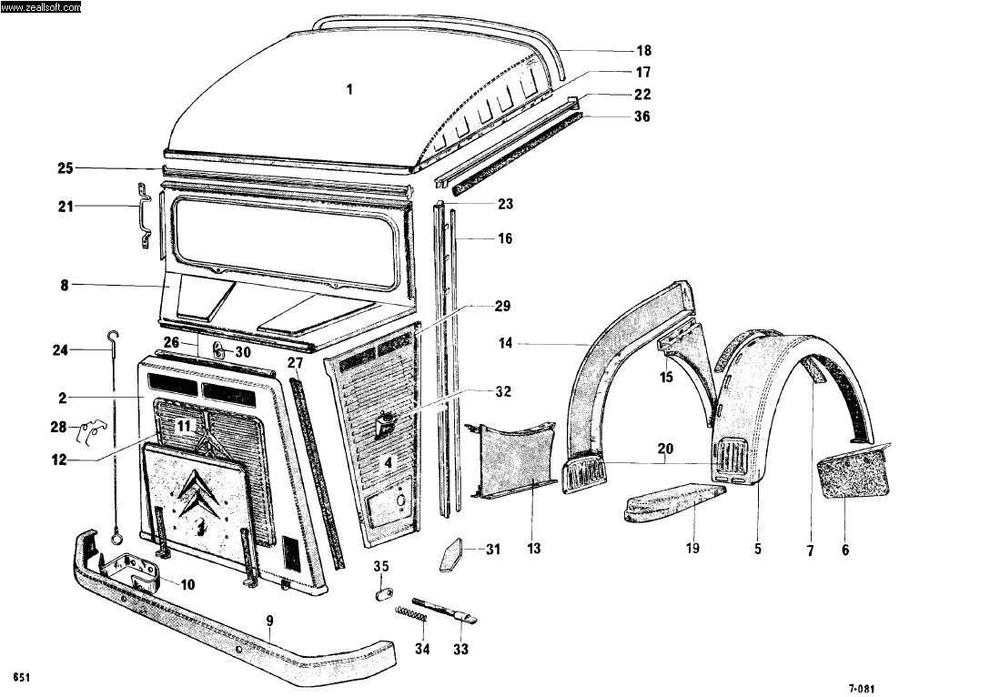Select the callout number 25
(x=65, y=168)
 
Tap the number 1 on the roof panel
(x=349, y=89)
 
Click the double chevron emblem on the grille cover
(x=201, y=491)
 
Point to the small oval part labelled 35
(x=382, y=594)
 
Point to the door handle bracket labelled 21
(x=144, y=216)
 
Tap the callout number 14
(x=506, y=343)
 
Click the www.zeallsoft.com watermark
(x=41, y=7)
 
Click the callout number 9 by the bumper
(x=270, y=621)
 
